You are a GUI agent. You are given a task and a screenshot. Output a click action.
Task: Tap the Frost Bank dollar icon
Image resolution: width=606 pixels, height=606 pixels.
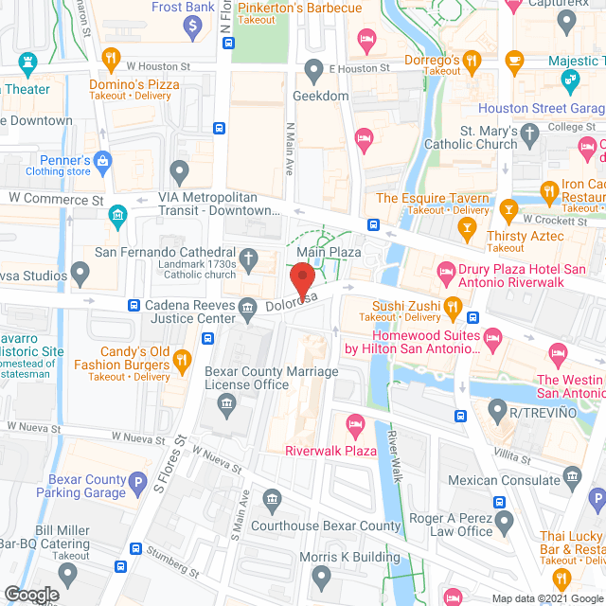point(194,27)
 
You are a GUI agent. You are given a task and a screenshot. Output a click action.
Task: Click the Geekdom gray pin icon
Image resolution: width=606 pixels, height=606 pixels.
point(314,70)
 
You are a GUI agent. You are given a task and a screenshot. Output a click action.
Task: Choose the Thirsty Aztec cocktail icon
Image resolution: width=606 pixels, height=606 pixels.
point(466,227)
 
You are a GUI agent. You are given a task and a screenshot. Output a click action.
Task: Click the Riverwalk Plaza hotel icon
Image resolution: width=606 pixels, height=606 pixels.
point(355,423)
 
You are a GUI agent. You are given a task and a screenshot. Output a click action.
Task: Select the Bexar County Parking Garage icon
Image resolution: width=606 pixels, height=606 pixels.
point(139,480)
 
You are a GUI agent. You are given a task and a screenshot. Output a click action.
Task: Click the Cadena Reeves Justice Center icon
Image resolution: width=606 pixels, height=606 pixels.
point(248,306)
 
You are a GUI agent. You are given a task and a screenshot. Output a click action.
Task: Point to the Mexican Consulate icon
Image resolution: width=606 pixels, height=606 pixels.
point(571,474)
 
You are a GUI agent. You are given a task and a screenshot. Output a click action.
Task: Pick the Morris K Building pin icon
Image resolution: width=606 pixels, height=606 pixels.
point(321,575)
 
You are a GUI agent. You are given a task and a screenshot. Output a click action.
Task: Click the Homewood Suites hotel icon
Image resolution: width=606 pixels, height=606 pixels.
point(492,337)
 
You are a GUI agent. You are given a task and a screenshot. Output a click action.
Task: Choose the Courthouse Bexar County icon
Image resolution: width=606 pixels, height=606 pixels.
point(272,499)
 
